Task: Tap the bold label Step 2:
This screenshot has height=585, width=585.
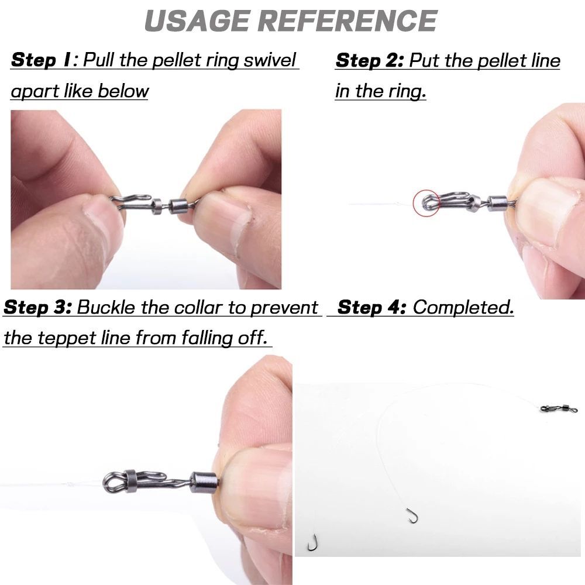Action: click(369, 61)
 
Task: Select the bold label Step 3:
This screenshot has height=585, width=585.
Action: click(37, 308)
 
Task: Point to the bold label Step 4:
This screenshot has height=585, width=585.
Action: click(372, 307)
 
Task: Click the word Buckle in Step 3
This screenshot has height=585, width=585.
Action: click(106, 308)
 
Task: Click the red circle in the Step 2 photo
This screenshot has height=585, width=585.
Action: click(426, 202)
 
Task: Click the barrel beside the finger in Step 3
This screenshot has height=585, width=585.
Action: click(205, 483)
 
